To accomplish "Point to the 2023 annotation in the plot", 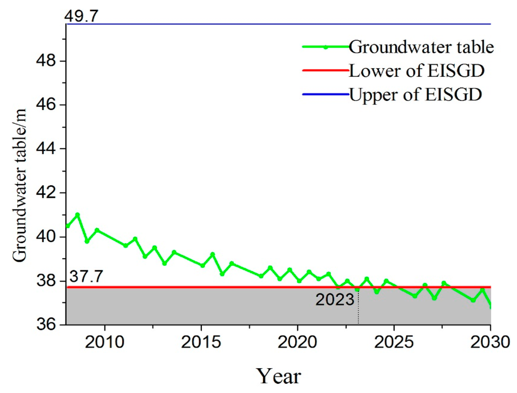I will tap(335, 300).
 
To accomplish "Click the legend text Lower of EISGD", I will tap(417, 71).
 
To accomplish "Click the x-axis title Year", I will tap(279, 375).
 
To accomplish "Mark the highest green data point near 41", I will tap(77, 214).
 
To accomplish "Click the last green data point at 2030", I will tap(490, 306).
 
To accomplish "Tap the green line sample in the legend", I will tap(326, 47).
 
